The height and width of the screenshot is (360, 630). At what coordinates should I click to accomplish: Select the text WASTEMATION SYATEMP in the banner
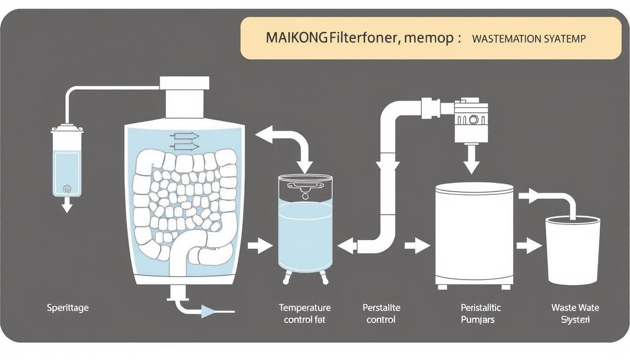529,39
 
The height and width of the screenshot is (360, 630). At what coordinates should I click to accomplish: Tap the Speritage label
67,308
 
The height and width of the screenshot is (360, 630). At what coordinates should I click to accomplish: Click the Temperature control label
305,314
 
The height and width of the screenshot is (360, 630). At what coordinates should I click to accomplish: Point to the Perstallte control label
381,314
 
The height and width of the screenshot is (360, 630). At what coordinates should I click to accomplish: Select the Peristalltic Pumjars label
480,314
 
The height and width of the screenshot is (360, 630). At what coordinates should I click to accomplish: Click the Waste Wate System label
575,314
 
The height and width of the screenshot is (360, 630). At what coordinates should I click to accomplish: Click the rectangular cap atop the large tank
184,83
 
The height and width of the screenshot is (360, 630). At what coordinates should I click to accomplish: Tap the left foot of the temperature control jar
286,279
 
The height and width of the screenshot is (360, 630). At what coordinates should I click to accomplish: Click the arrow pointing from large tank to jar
259,245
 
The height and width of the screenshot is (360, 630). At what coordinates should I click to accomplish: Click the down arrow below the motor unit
471,162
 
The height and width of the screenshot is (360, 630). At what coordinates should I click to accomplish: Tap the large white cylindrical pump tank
474,234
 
